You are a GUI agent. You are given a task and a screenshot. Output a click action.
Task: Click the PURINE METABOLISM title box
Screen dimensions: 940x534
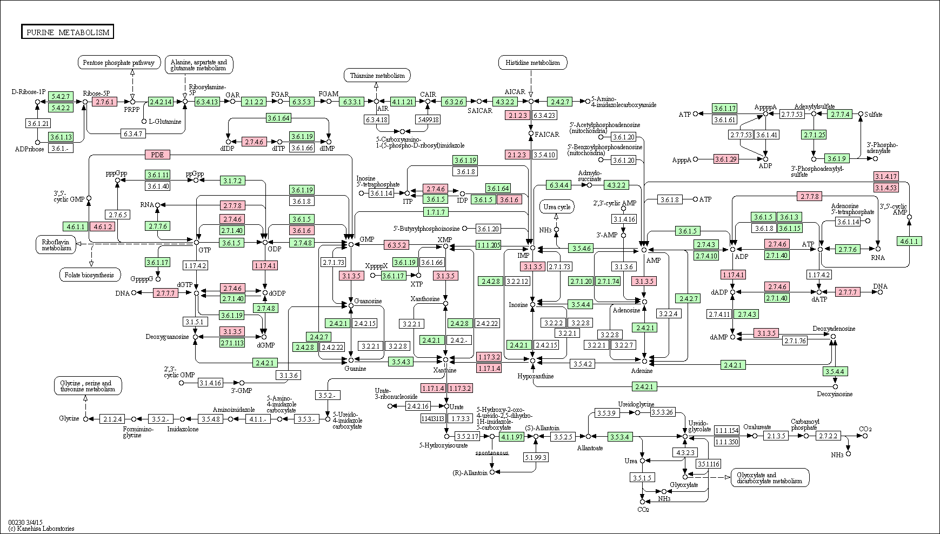pos(68,32)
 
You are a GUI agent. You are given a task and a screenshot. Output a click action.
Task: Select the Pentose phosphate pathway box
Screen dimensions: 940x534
pos(119,63)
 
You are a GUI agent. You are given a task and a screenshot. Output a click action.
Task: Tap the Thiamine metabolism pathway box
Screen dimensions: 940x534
pos(377,76)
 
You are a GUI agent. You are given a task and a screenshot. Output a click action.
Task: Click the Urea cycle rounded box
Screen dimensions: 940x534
pos(557,207)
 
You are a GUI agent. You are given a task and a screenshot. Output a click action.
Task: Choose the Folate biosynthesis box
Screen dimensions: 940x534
pos(89,275)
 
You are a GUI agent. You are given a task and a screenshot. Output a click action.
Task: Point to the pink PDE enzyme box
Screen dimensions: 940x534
pos(157,155)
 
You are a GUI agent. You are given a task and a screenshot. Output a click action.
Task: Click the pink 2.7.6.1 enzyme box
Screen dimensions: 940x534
pos(104,102)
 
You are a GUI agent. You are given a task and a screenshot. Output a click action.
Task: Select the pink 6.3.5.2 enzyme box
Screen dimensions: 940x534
pos(397,245)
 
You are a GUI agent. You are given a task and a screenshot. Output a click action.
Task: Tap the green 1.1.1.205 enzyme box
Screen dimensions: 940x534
pos(488,245)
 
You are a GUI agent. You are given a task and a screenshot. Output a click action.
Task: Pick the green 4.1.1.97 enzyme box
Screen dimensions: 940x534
pos(512,437)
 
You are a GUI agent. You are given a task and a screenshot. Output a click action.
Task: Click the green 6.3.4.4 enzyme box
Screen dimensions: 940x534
pos(559,185)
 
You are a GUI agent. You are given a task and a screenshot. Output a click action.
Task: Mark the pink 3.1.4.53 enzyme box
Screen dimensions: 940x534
pos(886,188)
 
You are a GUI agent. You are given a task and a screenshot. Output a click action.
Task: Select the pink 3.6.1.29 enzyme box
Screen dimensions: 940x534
pos(726,159)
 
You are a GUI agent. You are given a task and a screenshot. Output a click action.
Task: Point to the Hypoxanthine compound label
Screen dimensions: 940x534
pos(535,376)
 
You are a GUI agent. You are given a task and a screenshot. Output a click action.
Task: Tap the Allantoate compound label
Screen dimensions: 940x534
pos(590,448)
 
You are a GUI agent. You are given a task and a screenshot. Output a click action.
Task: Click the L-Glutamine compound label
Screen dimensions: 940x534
pos(165,122)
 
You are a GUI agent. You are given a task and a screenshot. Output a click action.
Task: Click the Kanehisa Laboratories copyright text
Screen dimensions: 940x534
pos(41,529)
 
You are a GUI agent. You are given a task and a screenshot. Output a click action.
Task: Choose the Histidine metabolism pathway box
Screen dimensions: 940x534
pos(533,63)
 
